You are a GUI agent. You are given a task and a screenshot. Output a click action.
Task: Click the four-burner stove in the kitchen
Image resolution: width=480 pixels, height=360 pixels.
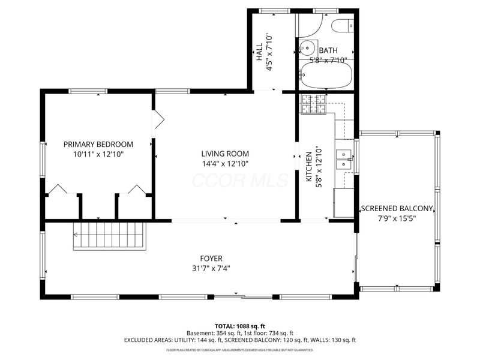313,104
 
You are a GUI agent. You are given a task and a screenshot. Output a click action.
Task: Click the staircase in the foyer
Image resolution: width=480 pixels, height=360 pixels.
110,235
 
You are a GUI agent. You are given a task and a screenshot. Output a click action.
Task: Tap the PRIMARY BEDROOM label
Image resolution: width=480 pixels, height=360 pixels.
98,144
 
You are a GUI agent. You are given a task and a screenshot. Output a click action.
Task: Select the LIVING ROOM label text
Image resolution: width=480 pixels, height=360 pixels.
225,154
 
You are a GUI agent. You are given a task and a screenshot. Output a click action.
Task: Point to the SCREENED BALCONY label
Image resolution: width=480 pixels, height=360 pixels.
396,209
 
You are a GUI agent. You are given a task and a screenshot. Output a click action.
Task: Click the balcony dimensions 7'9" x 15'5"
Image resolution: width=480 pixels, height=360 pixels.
396,218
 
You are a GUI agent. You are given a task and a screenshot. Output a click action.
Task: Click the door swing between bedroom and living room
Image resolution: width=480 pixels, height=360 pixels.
158,119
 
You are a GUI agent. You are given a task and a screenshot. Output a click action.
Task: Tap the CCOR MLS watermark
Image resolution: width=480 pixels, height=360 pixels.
239,179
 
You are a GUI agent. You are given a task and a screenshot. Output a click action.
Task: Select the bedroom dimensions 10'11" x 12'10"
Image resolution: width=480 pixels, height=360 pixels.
98,154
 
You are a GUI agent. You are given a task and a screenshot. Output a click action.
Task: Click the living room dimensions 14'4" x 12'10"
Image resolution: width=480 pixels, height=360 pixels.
225,163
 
